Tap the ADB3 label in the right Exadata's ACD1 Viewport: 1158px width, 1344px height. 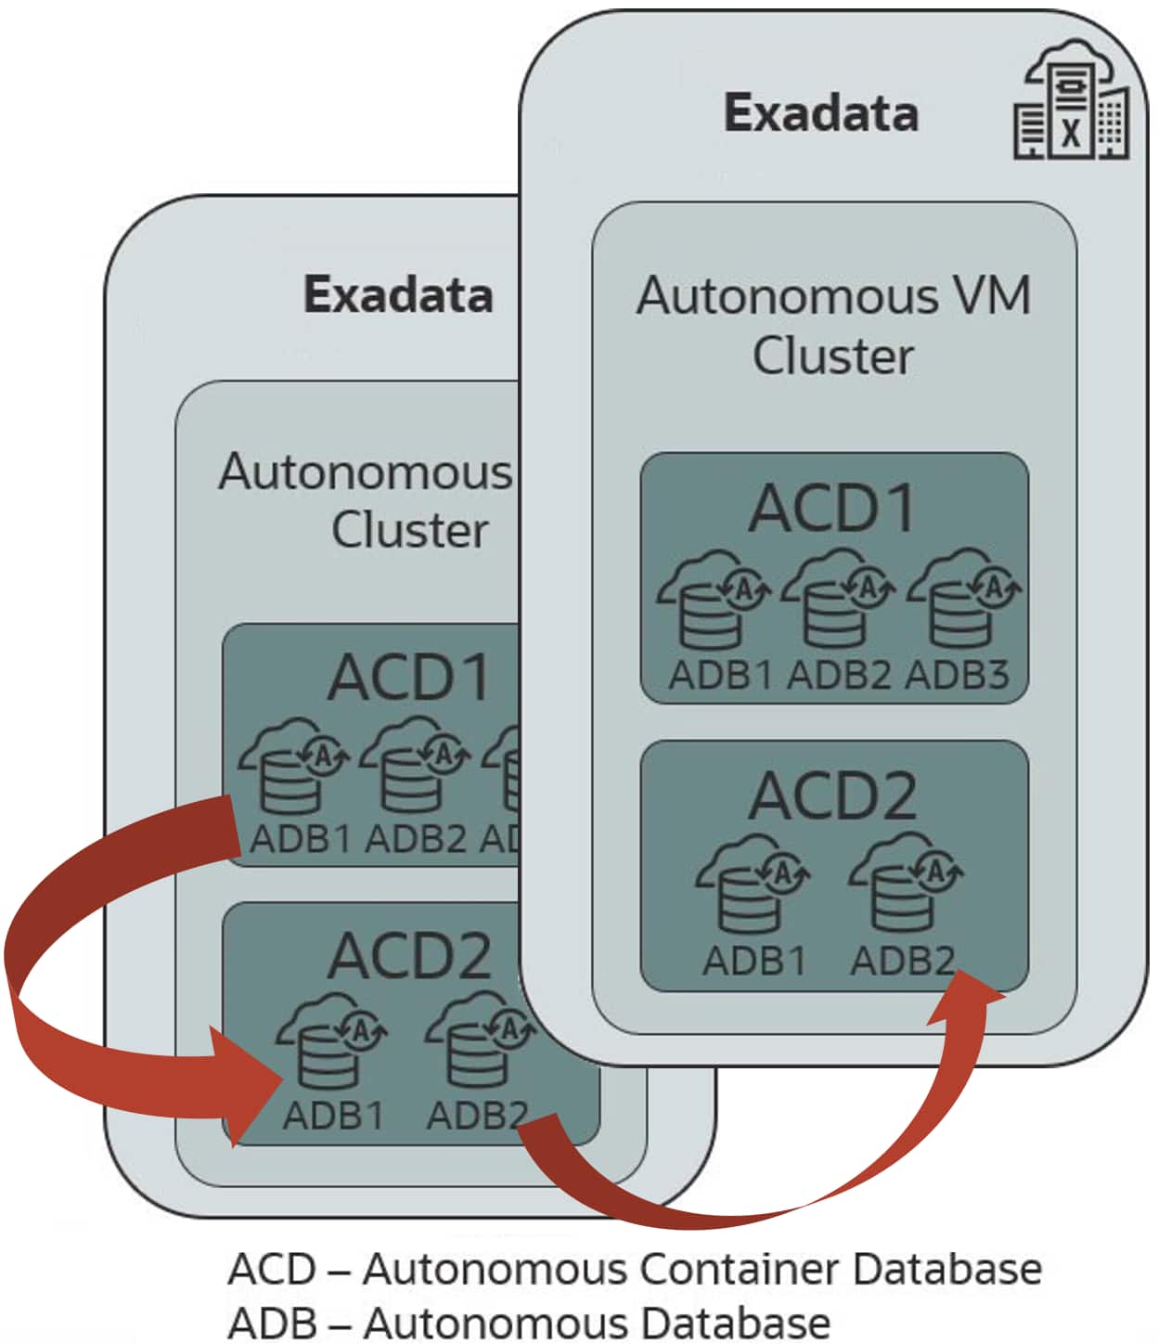pos(957,675)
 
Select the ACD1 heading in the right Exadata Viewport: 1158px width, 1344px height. pos(832,509)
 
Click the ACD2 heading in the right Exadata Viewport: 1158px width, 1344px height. pos(832,796)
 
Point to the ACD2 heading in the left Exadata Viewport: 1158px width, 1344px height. pos(409,956)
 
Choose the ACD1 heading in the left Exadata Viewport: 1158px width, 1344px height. pos(409,678)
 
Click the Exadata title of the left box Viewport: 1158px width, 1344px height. pos(398,295)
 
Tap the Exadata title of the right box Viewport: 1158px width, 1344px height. pos(821,113)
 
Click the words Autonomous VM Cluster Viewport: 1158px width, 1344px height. pos(832,325)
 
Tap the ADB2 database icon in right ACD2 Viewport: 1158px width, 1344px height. pos(905,886)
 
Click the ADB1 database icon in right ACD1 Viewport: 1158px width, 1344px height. pos(713,601)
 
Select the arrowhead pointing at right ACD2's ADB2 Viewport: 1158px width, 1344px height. pos(970,998)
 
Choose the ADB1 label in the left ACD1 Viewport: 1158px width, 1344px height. pos(300,839)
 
